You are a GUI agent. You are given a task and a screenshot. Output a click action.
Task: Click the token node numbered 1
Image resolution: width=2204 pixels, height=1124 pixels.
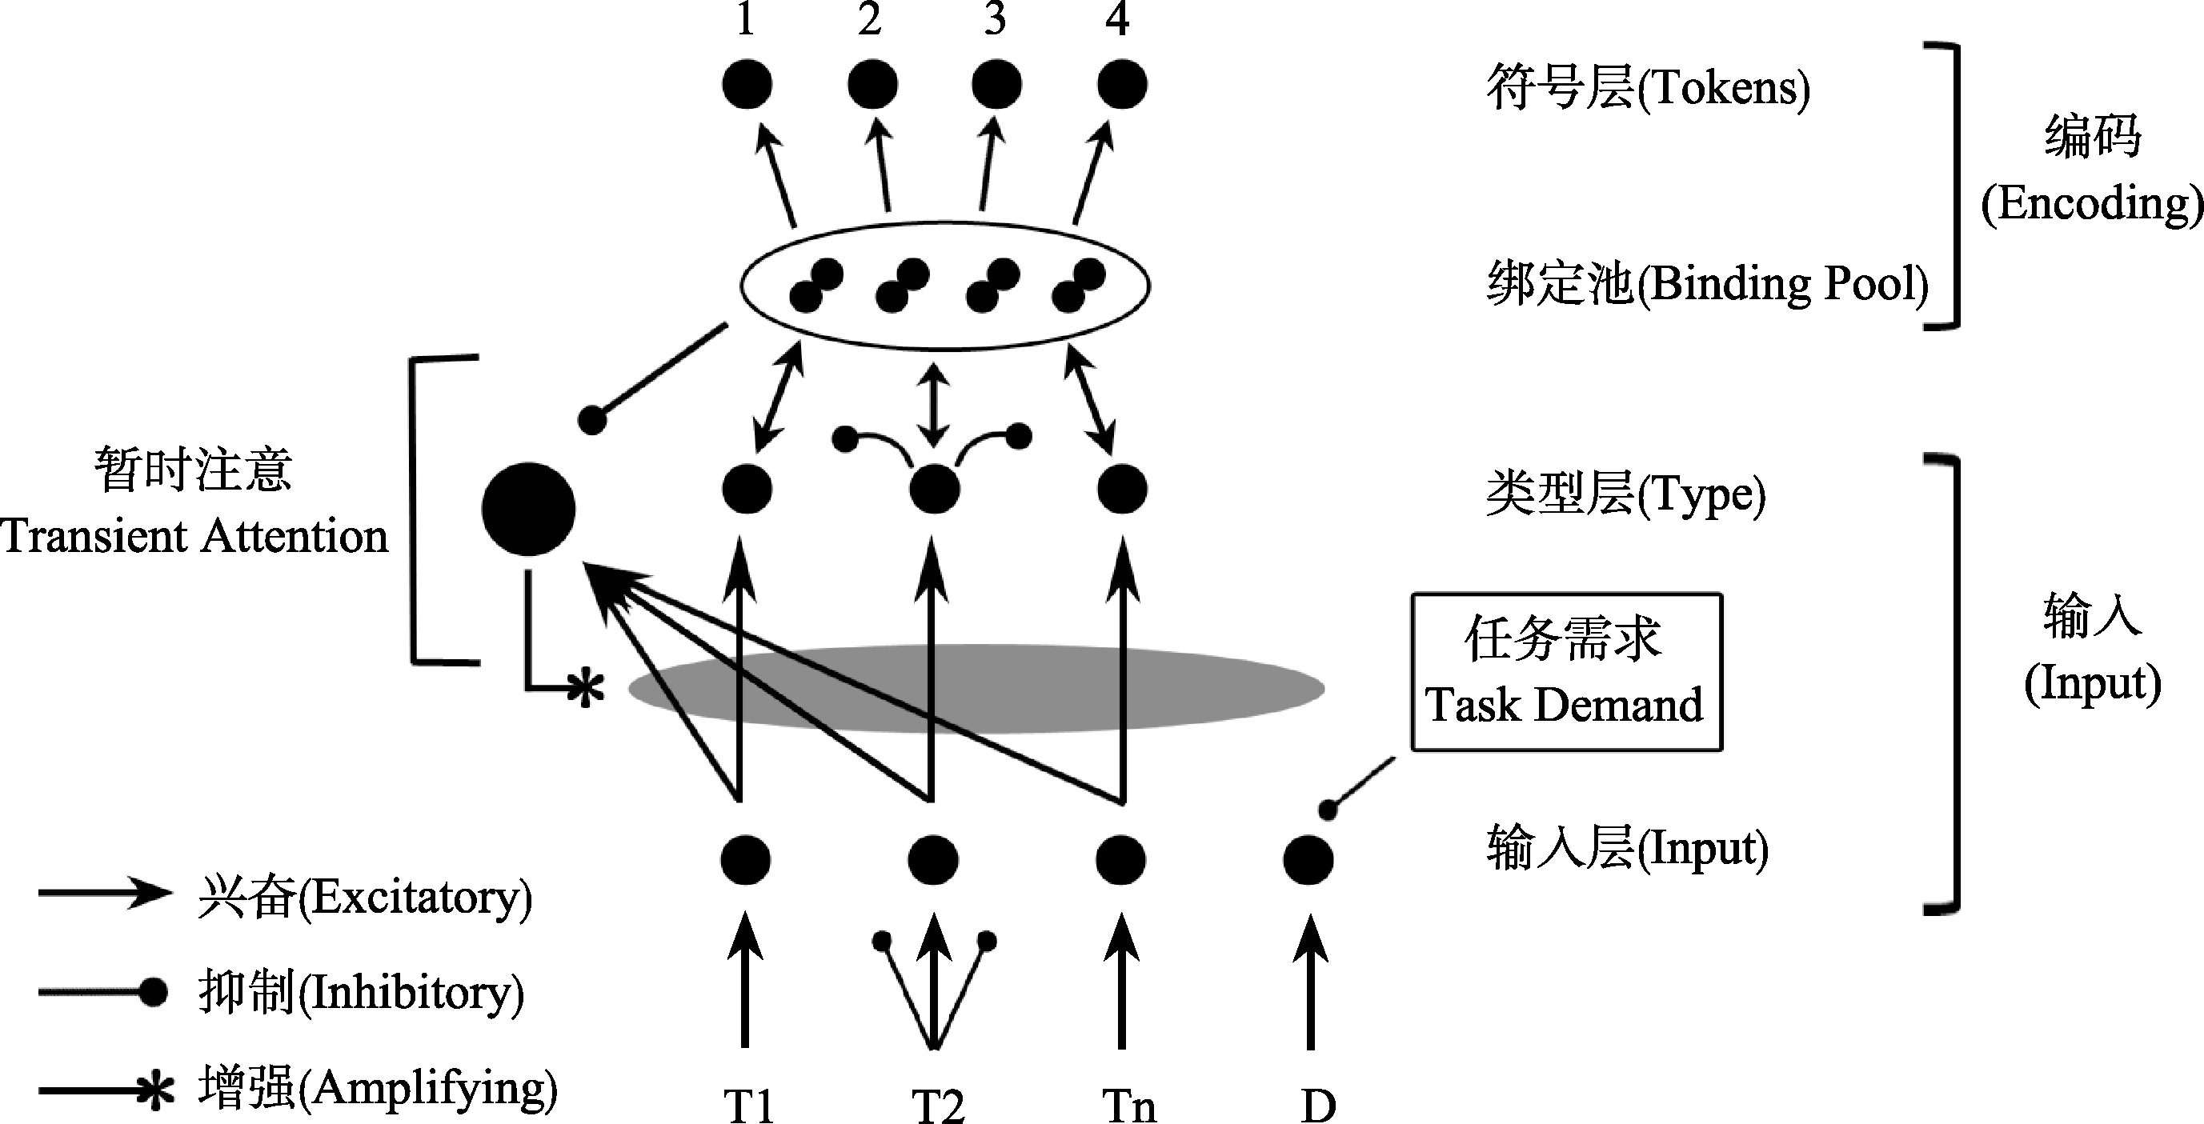pos(747,85)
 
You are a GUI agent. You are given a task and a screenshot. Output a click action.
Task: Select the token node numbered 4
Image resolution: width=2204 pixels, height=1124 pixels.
pos(1122,85)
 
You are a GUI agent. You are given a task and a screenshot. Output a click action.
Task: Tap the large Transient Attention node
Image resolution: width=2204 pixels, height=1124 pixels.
pos(528,509)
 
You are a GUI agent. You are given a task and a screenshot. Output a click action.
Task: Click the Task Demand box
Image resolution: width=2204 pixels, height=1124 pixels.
pos(1565,671)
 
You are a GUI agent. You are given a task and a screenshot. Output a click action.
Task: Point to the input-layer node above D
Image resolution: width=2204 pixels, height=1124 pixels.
pos(1308,860)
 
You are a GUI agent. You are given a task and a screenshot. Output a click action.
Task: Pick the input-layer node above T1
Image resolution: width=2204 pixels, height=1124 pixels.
pos(745,860)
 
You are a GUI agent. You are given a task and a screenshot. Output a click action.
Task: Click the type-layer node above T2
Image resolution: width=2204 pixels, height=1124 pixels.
pos(933,490)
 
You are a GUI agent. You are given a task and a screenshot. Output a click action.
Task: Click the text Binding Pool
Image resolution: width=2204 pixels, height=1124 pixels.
pos(1788,284)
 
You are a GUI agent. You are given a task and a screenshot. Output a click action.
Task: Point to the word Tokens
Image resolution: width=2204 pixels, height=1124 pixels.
pos(1723,89)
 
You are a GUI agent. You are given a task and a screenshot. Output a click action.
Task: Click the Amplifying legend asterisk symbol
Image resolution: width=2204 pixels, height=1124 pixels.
pos(158,1090)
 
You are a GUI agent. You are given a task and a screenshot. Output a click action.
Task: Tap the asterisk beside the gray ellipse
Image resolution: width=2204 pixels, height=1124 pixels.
pos(586,689)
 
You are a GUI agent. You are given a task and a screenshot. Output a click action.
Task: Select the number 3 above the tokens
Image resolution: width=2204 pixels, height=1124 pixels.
pos(994,19)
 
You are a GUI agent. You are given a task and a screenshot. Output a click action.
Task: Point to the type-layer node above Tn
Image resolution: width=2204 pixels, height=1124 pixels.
pos(1122,490)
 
